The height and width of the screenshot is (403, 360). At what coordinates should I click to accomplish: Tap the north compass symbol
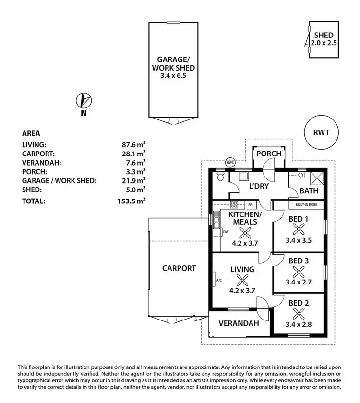84,101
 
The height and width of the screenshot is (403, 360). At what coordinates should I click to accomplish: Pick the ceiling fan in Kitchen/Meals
245,233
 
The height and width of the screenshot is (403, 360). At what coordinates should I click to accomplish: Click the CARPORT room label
179,268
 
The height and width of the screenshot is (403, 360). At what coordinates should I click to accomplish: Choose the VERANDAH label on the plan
239,323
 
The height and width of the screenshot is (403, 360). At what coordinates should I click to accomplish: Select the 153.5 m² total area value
133,201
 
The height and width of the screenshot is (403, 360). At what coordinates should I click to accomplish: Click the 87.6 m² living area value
134,144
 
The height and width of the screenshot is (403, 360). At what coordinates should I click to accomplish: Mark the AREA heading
31,133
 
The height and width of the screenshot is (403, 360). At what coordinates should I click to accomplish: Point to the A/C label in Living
219,280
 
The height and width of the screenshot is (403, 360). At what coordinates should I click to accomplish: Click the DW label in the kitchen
226,232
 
